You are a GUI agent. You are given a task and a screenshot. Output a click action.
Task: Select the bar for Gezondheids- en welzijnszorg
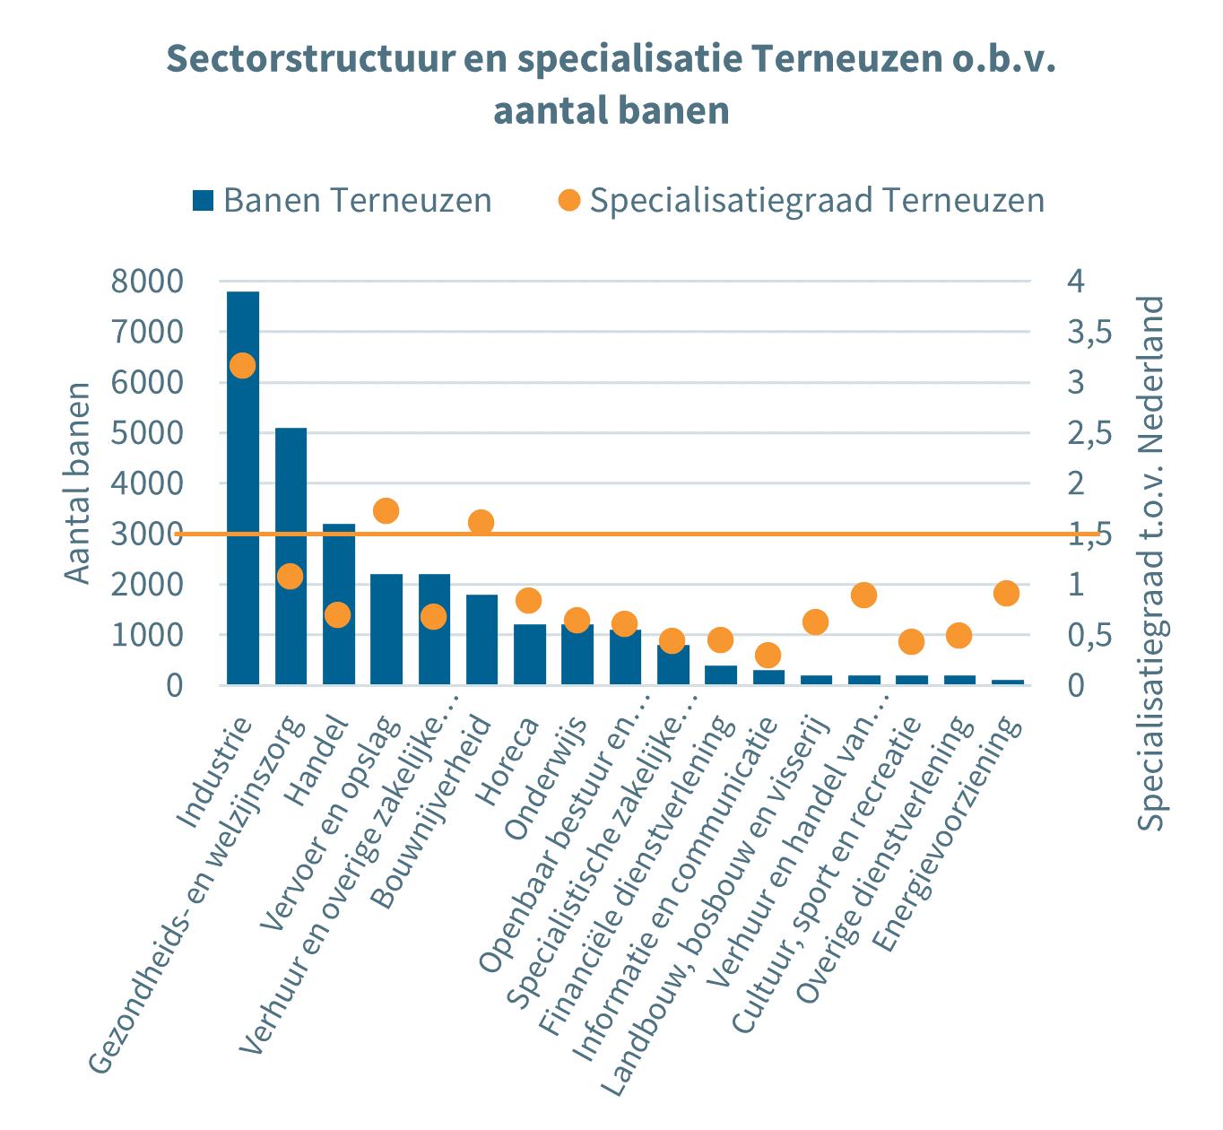(x=291, y=556)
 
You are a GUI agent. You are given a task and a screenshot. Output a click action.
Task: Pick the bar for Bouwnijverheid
(x=481, y=639)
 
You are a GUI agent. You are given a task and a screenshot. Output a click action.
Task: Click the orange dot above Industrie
(x=243, y=365)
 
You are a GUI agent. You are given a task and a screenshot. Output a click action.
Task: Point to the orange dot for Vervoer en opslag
(x=386, y=511)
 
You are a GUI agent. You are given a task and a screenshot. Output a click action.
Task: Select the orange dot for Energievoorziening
(x=1007, y=593)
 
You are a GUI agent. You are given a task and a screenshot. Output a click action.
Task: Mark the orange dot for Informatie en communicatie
(x=768, y=654)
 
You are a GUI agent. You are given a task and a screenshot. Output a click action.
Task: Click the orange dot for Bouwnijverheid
(x=481, y=522)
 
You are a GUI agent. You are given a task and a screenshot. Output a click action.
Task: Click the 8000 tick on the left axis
(x=147, y=282)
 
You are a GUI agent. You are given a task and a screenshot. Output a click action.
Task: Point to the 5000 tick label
(x=147, y=433)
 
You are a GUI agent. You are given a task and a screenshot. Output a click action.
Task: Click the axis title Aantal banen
(x=79, y=482)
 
